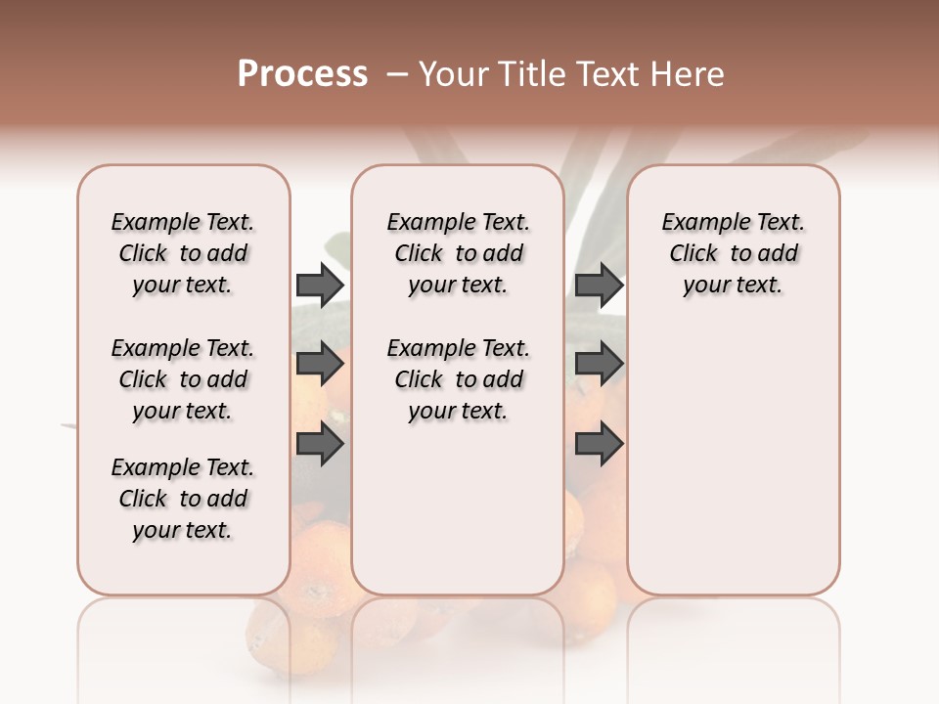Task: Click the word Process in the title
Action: (302, 73)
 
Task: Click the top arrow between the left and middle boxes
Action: (320, 285)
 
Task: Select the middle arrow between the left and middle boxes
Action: (320, 365)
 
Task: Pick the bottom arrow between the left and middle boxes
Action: (320, 444)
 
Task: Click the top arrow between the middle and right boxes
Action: (599, 285)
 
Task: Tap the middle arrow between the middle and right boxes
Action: (599, 365)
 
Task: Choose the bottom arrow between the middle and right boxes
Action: (599, 444)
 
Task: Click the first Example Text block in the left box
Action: (183, 253)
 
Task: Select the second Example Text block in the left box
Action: (183, 379)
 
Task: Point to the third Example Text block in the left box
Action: (183, 499)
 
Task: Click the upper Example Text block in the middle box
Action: (458, 253)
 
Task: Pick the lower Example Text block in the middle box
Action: (458, 379)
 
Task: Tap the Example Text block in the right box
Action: (734, 253)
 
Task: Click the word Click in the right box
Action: (693, 253)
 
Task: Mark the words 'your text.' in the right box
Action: (734, 285)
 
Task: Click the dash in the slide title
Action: (397, 74)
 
